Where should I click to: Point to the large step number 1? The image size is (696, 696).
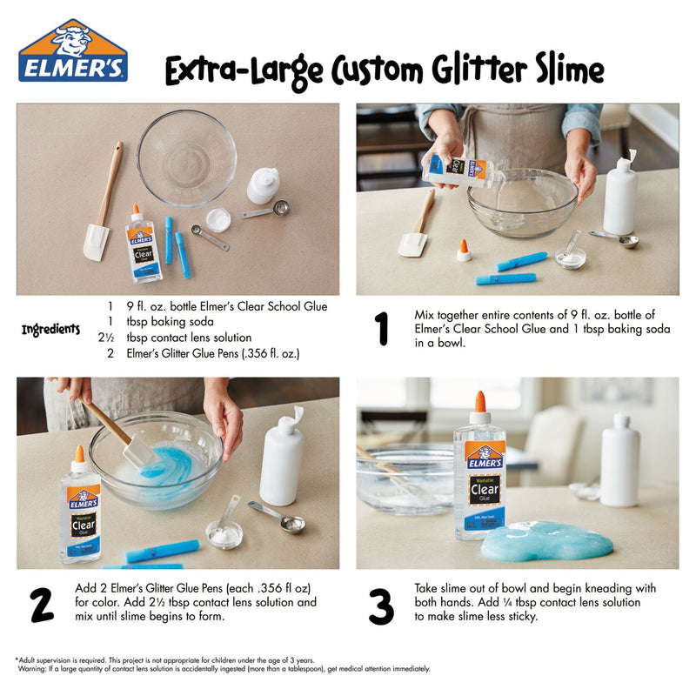[380, 329]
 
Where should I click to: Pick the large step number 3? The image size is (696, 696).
[380, 606]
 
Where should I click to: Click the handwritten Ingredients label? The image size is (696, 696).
[50, 330]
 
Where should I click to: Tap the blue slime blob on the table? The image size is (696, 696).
[546, 540]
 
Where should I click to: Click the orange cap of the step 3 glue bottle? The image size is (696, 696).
[479, 402]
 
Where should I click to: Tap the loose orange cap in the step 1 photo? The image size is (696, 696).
[465, 251]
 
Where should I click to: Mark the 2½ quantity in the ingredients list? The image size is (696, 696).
[106, 338]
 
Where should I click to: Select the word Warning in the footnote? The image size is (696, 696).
[37, 669]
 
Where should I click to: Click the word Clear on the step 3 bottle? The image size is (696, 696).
[484, 487]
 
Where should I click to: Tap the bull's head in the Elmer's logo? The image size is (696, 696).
[72, 38]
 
